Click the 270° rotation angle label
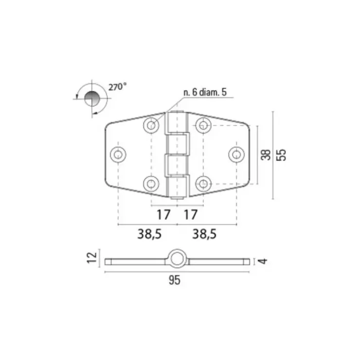pos(117,87)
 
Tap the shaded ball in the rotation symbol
pos(92,98)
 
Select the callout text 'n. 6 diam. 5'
pos(205,92)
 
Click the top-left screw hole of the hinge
pos(151,125)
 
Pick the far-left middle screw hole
pos(118,154)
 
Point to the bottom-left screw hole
pos(151,184)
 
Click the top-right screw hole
pos(203,125)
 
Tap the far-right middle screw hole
pos(236,154)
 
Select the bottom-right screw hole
pos(203,184)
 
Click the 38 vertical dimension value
pos(266,155)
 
